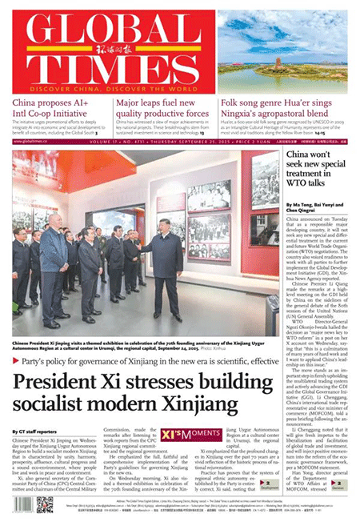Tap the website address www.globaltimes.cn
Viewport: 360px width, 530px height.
(x=30, y=141)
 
